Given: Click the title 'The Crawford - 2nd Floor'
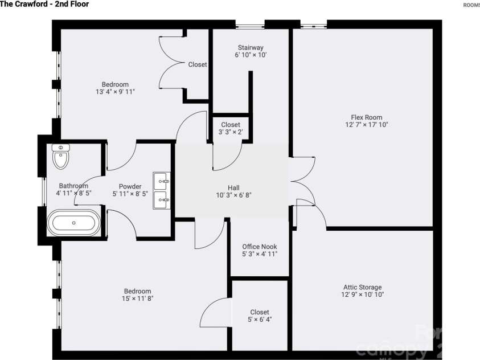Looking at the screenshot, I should (x=44, y=5).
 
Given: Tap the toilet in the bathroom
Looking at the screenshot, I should (x=60, y=156).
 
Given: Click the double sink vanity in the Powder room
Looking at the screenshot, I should (x=162, y=190).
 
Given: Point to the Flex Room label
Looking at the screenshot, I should (x=362, y=117).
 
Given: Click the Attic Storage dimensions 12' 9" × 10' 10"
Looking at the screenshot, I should (x=362, y=295).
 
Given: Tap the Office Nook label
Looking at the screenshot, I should (x=260, y=247).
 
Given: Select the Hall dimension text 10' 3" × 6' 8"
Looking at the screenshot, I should (x=233, y=195).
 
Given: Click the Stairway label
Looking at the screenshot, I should (x=251, y=47).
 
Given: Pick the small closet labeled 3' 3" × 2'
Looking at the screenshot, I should (x=231, y=128).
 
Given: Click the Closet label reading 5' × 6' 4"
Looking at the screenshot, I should (x=260, y=320).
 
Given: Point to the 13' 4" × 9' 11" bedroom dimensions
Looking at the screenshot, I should (x=116, y=92).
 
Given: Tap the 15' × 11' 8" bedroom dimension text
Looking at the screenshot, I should (x=138, y=298).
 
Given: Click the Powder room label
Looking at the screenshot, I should (x=130, y=186).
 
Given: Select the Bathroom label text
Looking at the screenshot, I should (x=73, y=186).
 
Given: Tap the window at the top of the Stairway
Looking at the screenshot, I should (x=251, y=24).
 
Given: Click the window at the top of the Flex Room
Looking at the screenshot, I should (x=313, y=24).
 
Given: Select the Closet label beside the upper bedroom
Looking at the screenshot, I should (x=198, y=65).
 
